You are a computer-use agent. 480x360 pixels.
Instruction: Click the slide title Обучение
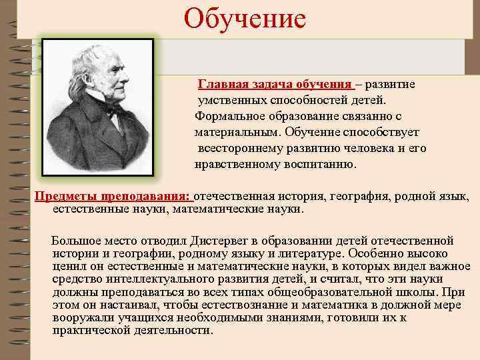(245, 18)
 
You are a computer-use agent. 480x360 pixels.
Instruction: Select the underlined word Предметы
(65, 197)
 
